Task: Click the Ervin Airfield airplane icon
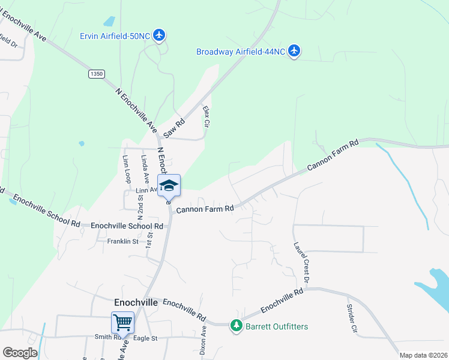point(159,35)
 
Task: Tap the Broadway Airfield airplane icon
point(294,52)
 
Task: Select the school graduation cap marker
point(169,185)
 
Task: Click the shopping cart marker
point(122,322)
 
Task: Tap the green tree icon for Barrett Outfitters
point(237,326)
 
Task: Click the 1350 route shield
point(96,74)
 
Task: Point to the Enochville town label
point(136,303)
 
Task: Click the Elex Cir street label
point(206,117)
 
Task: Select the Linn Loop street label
point(126,170)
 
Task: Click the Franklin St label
point(122,241)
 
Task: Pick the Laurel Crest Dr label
point(301,262)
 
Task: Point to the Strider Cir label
point(351,318)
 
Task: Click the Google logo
point(20,352)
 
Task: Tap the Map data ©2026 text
point(423,355)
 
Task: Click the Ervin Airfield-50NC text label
point(114,35)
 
